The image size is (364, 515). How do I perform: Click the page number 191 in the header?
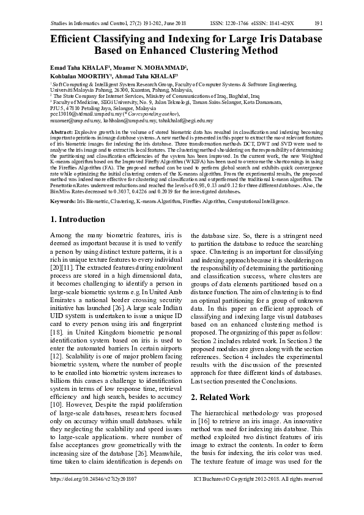[x=318, y=23]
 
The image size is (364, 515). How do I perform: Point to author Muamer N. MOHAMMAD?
[x=155, y=66]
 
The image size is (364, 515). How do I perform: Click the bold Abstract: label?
[x=61, y=132]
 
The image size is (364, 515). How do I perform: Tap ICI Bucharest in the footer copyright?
[x=212, y=480]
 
